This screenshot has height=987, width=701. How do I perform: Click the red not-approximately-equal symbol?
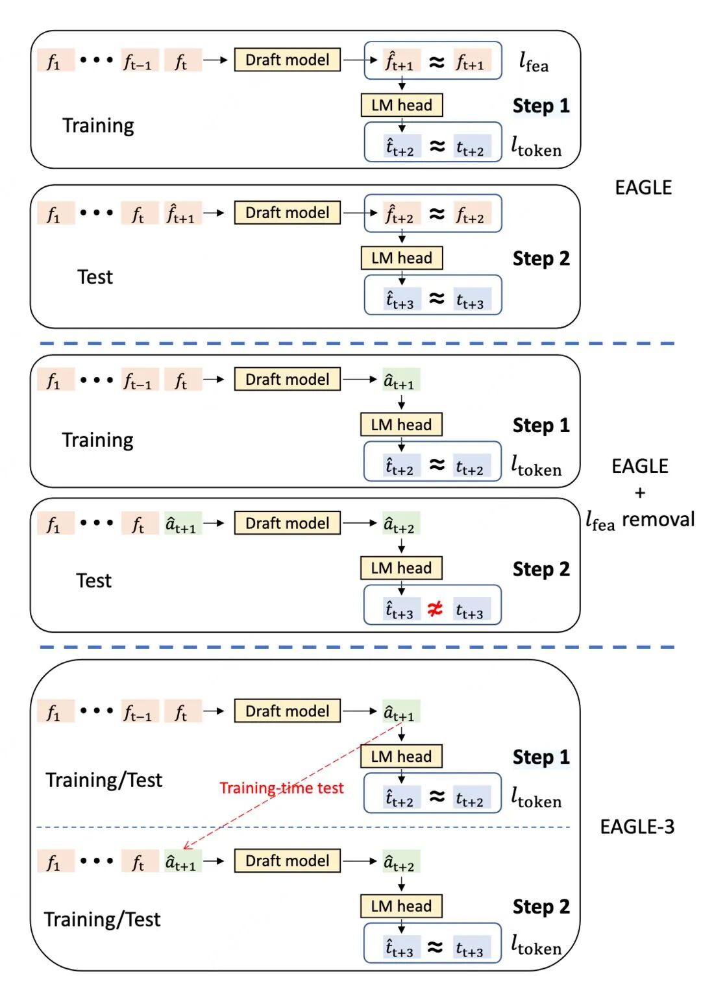click(x=435, y=609)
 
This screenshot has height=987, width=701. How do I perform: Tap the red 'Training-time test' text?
click(x=281, y=788)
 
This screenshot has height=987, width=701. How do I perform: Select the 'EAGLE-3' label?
click(x=637, y=827)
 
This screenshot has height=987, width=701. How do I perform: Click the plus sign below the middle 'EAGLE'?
click(x=640, y=493)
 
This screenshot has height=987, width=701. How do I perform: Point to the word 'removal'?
click(x=658, y=520)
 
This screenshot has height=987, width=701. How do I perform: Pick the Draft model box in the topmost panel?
click(x=288, y=60)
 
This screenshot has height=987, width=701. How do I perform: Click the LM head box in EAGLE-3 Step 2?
click(x=401, y=907)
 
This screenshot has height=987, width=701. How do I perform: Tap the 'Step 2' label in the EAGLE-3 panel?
click(x=541, y=907)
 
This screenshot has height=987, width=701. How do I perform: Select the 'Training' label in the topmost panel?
click(x=98, y=126)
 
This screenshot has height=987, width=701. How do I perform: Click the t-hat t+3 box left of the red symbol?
click(x=400, y=609)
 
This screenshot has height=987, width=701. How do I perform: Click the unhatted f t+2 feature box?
click(x=472, y=213)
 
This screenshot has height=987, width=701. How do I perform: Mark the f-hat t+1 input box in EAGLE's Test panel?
click(x=182, y=213)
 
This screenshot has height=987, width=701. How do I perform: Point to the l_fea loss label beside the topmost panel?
click(x=534, y=62)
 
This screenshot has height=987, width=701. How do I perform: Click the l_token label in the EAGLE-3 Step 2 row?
click(x=536, y=945)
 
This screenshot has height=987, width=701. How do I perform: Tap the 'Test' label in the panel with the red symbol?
click(x=94, y=581)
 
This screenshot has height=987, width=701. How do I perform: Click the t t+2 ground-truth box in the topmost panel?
click(x=472, y=146)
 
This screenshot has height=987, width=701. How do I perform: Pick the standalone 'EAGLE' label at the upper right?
click(x=643, y=188)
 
